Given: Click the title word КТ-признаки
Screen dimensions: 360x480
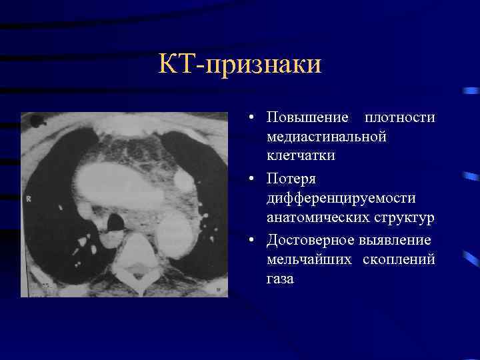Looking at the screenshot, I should click(x=240, y=65).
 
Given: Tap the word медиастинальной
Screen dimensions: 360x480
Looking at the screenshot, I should click(x=326, y=137).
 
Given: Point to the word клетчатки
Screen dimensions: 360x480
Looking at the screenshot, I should click(x=300, y=155).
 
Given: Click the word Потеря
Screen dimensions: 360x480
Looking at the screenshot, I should click(x=291, y=180).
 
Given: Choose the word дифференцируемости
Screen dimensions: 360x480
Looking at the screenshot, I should click(x=341, y=199).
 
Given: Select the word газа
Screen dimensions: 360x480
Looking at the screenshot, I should click(x=280, y=279).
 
